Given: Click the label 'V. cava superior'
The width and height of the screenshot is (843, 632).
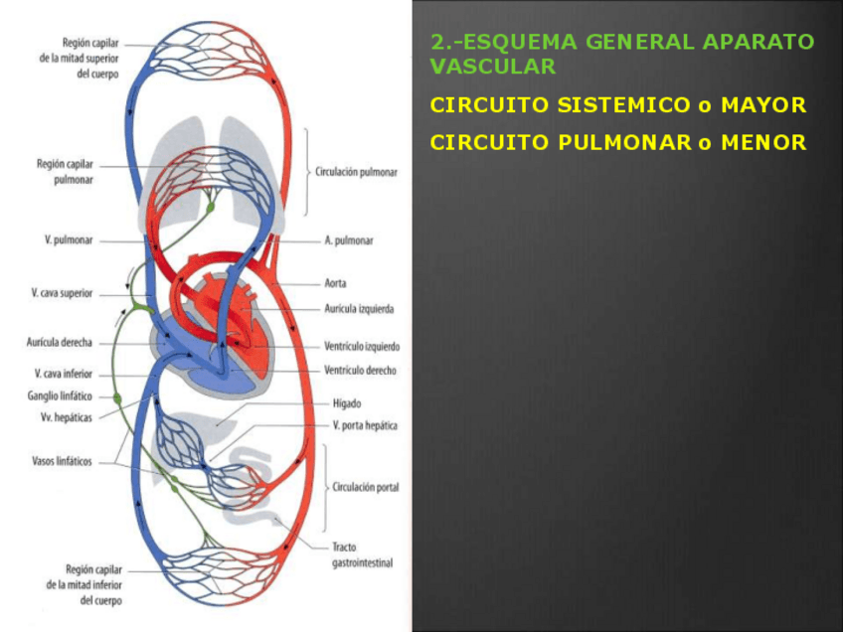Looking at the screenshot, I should [x=62, y=293].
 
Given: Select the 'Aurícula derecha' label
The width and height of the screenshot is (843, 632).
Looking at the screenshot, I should [x=60, y=342].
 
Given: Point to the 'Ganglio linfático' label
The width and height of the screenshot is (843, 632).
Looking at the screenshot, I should [x=61, y=395].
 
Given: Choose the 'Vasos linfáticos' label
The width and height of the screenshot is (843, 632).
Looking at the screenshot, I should [x=63, y=461].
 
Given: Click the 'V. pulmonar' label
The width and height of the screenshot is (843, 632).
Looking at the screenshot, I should [x=69, y=240].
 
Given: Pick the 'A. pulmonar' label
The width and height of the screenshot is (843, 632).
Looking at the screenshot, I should [x=349, y=240].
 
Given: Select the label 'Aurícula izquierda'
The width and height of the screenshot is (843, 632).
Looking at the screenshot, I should [x=359, y=309].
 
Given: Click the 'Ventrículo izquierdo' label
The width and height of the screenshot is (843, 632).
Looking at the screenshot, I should [x=362, y=347].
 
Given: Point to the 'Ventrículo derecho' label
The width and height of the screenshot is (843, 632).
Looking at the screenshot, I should [x=360, y=371].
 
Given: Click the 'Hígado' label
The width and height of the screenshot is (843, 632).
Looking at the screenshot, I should [x=347, y=403].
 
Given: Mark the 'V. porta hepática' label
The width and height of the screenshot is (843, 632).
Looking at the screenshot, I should [x=365, y=425].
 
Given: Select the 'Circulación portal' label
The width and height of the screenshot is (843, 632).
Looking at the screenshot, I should [x=366, y=487].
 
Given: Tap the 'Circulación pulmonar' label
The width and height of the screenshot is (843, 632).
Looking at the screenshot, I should [x=356, y=172].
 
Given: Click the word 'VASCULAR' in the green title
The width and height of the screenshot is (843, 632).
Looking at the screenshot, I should [x=493, y=67].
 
